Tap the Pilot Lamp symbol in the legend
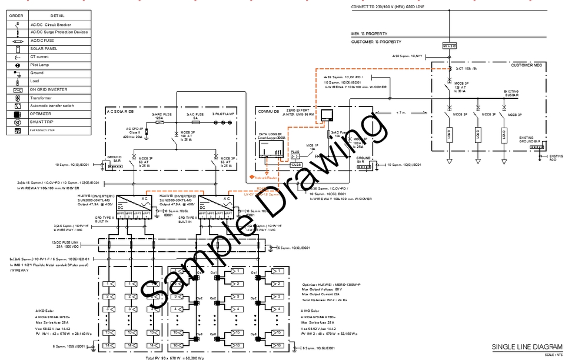point(17,65)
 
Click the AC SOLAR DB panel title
point(121,111)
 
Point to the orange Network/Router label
point(266,176)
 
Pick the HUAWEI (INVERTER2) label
point(177,195)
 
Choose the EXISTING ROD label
point(556,158)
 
